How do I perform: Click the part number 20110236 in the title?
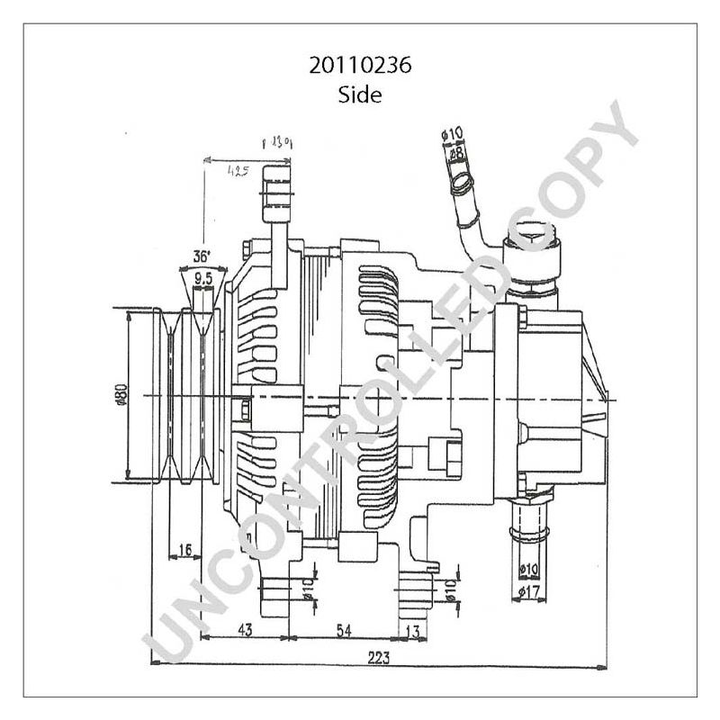click(359, 66)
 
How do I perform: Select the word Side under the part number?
click(359, 94)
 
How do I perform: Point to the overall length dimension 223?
click(379, 658)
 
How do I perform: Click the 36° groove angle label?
click(202, 256)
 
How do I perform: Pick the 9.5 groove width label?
click(203, 279)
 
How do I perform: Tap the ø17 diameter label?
click(528, 591)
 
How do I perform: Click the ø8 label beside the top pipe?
click(457, 154)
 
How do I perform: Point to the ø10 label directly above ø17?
click(528, 570)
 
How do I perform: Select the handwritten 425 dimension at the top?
click(238, 170)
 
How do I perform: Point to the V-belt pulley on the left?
click(184, 396)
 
